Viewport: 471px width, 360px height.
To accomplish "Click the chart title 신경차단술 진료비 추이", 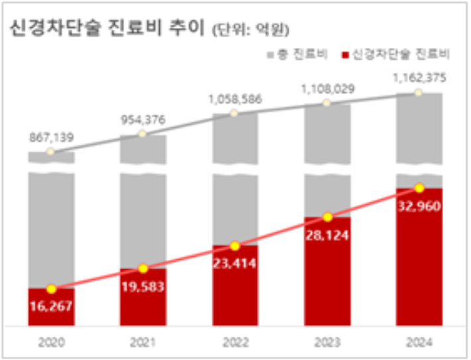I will coord(106,29).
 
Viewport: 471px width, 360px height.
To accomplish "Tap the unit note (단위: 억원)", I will coord(250,30).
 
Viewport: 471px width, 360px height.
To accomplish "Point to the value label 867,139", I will coord(51,138).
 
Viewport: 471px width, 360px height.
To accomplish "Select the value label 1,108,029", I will coord(326,88).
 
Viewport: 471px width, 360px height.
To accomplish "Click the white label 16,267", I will coord(51,306).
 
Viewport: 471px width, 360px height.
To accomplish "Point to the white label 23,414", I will coord(234,263).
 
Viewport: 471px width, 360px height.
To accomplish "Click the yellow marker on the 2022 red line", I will coord(234,245).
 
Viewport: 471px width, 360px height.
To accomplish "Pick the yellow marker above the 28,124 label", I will coord(326,217).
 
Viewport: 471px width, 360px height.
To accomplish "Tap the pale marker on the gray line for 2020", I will coord(51,152).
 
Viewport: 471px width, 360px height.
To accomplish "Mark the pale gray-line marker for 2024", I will coord(419,92).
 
